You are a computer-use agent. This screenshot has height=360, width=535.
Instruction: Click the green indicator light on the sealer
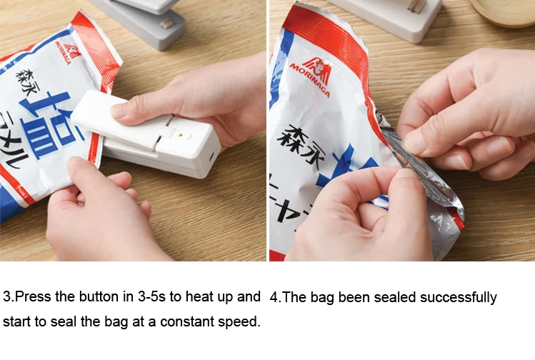181,134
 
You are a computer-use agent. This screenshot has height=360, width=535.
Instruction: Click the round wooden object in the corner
504,11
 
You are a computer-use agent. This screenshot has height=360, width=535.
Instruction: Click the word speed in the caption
241,321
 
